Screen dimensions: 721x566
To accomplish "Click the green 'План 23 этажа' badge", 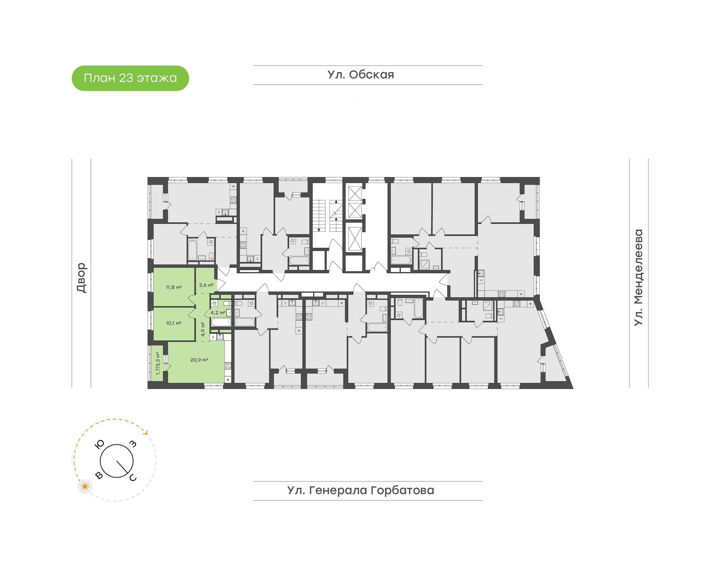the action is [x=130, y=78].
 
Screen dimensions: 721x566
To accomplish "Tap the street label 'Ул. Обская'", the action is [x=361, y=75].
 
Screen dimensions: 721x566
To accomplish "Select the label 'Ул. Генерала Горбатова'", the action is [x=361, y=490].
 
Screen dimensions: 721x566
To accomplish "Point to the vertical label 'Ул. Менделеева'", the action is [x=638, y=277].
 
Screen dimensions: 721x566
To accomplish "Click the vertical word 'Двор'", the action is [x=81, y=278].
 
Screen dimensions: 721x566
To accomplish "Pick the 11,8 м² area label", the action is [x=173, y=287].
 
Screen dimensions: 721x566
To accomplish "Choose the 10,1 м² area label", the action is [x=173, y=323].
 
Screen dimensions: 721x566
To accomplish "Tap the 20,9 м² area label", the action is [x=199, y=360].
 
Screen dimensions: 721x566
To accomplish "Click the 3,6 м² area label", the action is [x=206, y=285].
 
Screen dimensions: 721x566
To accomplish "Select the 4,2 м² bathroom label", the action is [x=218, y=313].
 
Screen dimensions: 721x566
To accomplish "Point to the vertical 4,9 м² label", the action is [x=203, y=329].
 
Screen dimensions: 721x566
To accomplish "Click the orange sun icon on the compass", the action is [x=85, y=486].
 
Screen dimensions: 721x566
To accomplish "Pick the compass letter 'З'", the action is [x=132, y=444].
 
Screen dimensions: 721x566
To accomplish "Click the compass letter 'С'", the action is [x=133, y=478].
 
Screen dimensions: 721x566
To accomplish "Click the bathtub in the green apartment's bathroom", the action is [x=221, y=322].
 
